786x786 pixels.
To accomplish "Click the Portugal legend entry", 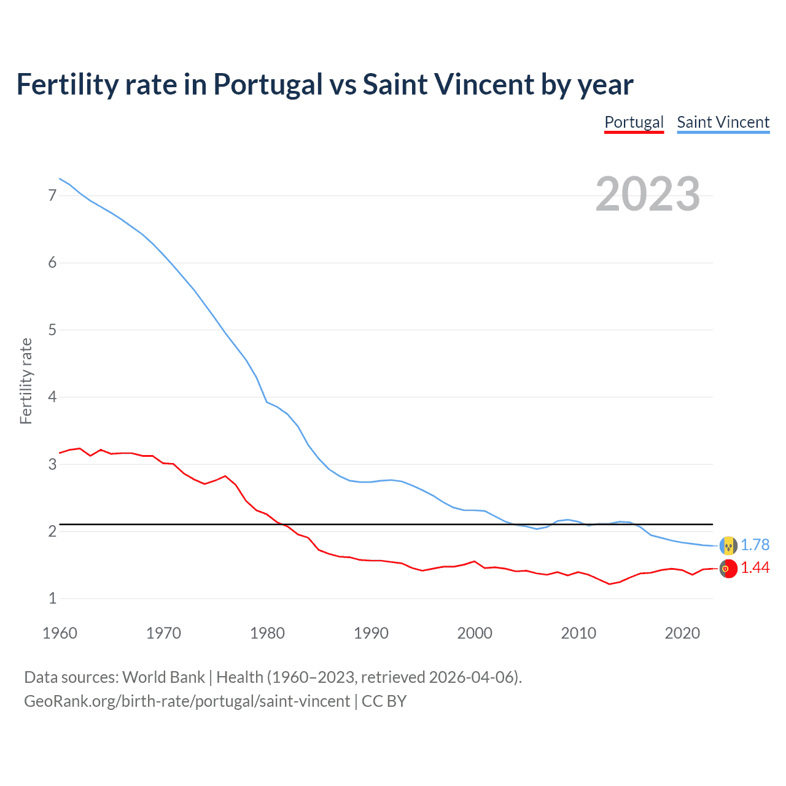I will (x=634, y=122).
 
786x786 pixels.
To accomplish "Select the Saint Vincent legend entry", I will (x=723, y=122).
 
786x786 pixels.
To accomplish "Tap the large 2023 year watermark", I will (x=647, y=194).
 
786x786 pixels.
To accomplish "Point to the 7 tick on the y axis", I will (x=52, y=195).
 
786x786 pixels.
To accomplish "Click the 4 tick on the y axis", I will (x=52, y=397).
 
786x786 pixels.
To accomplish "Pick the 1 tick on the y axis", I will (x=52, y=598).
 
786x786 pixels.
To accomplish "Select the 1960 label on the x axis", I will (x=60, y=633).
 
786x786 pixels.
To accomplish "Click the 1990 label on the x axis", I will (x=371, y=633).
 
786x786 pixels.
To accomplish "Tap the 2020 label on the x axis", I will (x=682, y=633).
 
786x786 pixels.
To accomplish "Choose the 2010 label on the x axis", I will (x=578, y=633).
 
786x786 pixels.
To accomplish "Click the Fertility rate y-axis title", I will (x=26, y=381).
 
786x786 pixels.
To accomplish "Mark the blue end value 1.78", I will (x=755, y=545).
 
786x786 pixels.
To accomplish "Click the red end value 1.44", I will (x=755, y=568).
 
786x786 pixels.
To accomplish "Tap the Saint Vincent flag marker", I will (x=728, y=545).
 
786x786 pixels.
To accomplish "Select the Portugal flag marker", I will (x=728, y=569).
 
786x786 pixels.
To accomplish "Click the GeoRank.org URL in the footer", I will (x=187, y=701).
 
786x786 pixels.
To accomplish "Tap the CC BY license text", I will (x=384, y=701).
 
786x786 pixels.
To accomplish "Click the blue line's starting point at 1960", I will (x=60, y=179).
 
